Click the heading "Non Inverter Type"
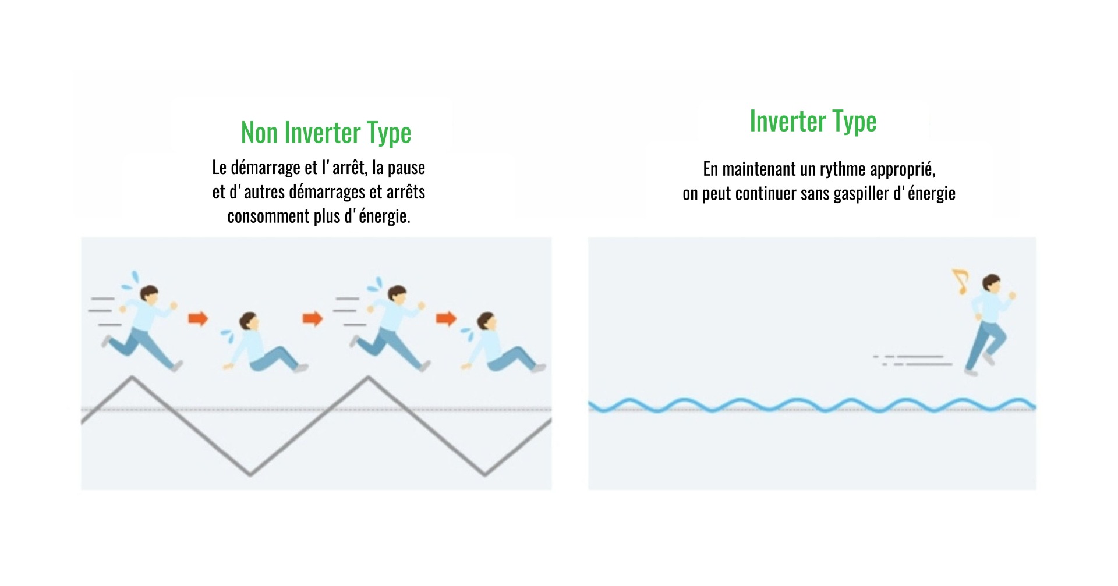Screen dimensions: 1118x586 point(326,133)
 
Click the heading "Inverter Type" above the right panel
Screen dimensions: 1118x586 point(813,122)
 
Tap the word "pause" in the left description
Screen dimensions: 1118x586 point(406,168)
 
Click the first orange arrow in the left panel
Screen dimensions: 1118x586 point(198,318)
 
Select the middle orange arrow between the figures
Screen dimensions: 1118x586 point(313,318)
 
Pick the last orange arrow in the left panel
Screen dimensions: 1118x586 point(446,318)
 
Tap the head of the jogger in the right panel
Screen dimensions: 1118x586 point(991,283)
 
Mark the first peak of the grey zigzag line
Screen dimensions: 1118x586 point(132,377)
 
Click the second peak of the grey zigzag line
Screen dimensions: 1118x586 point(368,377)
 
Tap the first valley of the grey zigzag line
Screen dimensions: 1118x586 point(250,475)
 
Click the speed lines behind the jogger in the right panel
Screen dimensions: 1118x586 point(912,360)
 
